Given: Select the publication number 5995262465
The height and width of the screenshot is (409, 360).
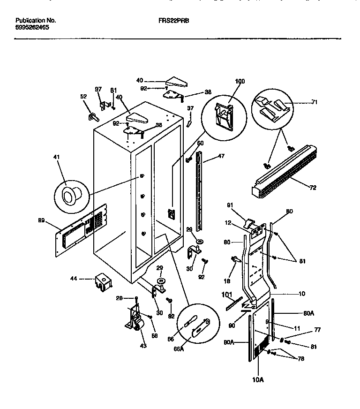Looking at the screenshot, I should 32,28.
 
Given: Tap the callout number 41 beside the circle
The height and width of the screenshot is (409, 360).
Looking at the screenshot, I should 58,163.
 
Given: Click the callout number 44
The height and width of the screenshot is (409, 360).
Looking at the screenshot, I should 74,279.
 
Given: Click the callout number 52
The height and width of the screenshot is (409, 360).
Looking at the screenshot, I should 83,96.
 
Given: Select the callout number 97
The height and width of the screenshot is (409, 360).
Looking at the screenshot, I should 98,89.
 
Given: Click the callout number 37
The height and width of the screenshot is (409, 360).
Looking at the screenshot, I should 190,108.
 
